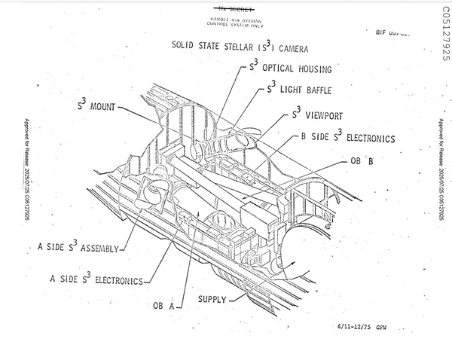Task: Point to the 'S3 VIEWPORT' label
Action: click(322, 117)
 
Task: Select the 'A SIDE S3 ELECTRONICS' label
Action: click(96, 280)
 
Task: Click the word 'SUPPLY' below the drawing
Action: click(212, 299)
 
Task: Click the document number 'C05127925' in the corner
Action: click(441, 33)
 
